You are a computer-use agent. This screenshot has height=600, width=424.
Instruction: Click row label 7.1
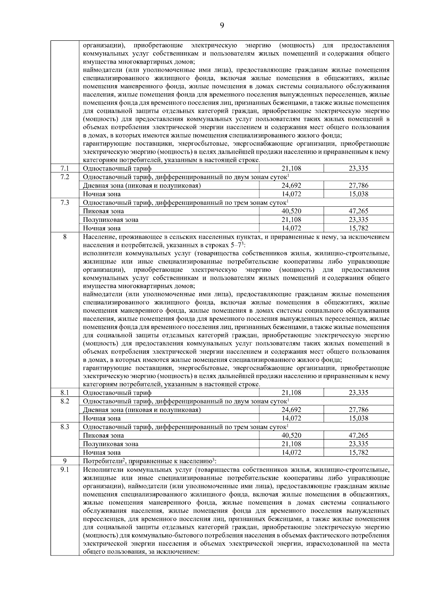[x=65, y=168]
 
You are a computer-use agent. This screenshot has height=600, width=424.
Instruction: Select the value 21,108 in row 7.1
[x=291, y=169]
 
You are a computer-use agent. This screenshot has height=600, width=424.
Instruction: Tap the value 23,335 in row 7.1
[x=358, y=169]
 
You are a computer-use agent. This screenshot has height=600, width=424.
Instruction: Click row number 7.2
[x=65, y=177]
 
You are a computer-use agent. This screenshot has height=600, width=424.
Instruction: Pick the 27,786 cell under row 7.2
[x=358, y=186]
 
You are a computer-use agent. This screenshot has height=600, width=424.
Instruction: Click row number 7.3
[x=65, y=202]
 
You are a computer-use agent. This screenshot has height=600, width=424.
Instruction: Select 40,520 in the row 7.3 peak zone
[x=291, y=211]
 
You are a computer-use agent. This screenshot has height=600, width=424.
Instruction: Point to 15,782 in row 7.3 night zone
[x=358, y=228]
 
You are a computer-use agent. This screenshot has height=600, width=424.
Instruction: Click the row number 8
[x=65, y=237]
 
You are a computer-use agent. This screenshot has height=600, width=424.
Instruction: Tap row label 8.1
[x=65, y=393]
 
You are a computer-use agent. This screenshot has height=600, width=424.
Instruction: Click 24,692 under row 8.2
[x=291, y=410]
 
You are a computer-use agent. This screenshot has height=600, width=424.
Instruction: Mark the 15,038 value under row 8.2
[x=358, y=418]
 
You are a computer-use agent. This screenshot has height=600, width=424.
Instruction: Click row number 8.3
[x=65, y=427]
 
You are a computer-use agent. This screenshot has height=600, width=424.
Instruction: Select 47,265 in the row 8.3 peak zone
[x=358, y=436]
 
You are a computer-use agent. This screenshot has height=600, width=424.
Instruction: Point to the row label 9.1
[x=65, y=470]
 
